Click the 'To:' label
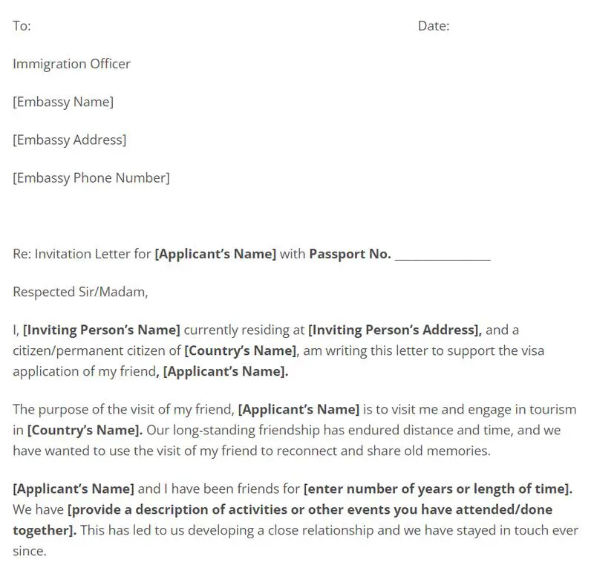tap(22, 26)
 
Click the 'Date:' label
tap(434, 26)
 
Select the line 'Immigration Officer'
tap(71, 64)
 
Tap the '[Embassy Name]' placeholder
tap(63, 102)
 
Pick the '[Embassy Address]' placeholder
tap(69, 140)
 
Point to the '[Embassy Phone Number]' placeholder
tap(91, 177)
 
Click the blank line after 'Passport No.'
tap(443, 255)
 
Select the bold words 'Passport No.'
tap(350, 254)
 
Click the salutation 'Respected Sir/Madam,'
tap(80, 292)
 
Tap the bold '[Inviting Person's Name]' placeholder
tap(102, 330)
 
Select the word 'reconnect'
tap(333, 450)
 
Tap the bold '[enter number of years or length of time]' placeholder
tap(438, 489)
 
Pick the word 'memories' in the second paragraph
tap(463, 450)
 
